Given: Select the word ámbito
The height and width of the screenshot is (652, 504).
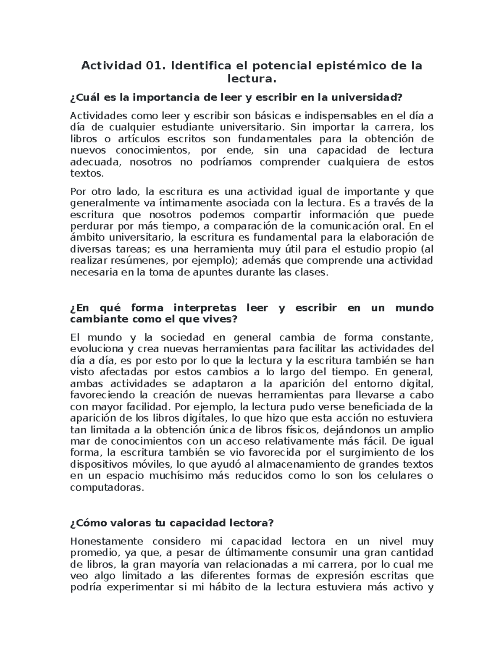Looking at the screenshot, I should [x=86, y=238].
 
